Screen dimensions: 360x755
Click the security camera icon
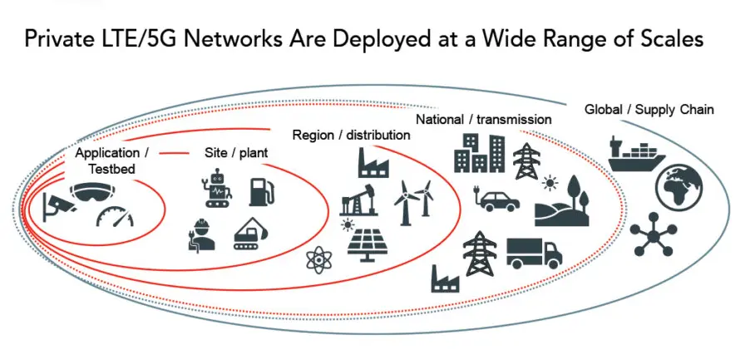click(x=57, y=203)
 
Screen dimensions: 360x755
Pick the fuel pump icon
click(x=260, y=192)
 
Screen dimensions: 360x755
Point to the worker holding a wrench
click(x=202, y=234)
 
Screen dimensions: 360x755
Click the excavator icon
click(x=250, y=232)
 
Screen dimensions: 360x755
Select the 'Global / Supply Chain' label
click(x=649, y=109)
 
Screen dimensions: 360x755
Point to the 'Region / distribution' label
click(x=351, y=135)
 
